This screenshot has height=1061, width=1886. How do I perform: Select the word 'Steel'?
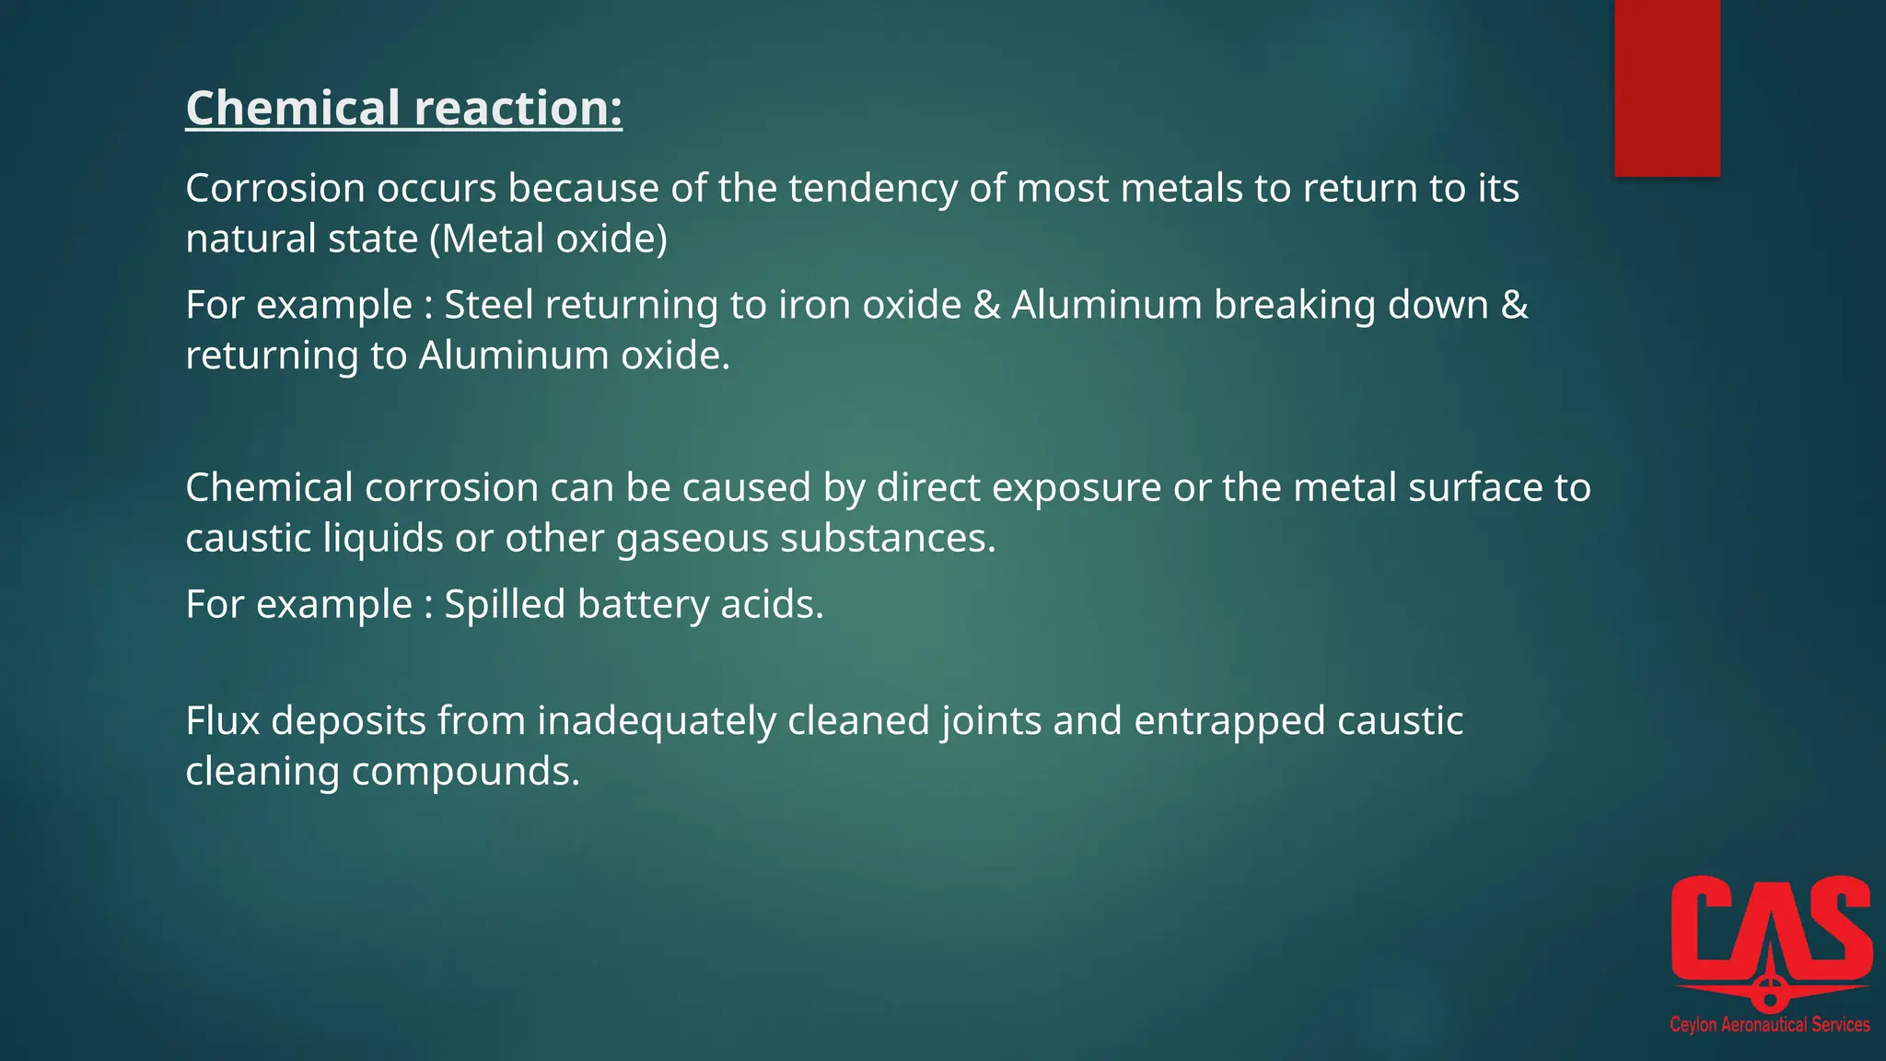[x=489, y=305]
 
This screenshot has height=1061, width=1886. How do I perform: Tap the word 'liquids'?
[x=383, y=539]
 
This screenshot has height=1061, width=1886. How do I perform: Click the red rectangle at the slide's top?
[x=1667, y=87]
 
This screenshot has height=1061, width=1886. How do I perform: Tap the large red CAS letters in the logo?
[x=1771, y=930]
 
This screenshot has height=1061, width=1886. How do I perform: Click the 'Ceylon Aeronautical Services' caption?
[x=1769, y=1024]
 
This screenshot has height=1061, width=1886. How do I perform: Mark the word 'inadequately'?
[x=657, y=722]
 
